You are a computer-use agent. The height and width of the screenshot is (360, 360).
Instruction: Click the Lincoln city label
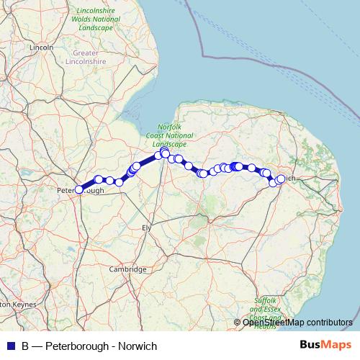click(42, 48)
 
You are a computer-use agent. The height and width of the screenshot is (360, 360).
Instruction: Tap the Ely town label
click(149, 228)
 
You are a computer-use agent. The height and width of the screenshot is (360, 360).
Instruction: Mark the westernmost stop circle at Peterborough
click(78, 190)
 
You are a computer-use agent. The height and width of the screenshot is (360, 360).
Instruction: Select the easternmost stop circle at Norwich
click(281, 179)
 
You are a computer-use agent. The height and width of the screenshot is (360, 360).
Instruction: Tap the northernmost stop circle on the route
click(164, 151)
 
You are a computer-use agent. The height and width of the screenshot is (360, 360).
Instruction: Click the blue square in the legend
click(10, 346)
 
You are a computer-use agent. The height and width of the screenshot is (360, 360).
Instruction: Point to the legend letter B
click(25, 346)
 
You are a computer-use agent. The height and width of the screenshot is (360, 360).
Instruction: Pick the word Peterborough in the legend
click(78, 346)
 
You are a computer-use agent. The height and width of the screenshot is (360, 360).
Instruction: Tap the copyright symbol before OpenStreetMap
click(238, 323)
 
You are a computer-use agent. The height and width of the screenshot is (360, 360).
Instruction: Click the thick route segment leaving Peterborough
click(89, 184)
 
